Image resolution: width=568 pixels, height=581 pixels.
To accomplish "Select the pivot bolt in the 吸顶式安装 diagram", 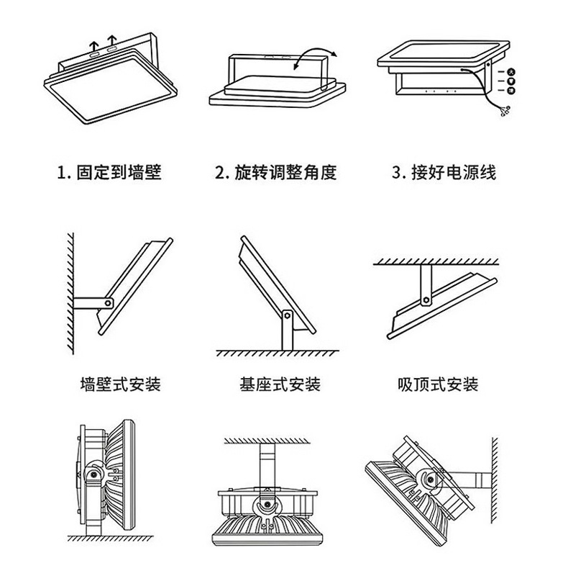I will (x=426, y=296).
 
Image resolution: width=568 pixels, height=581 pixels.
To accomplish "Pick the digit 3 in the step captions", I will (x=396, y=174).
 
